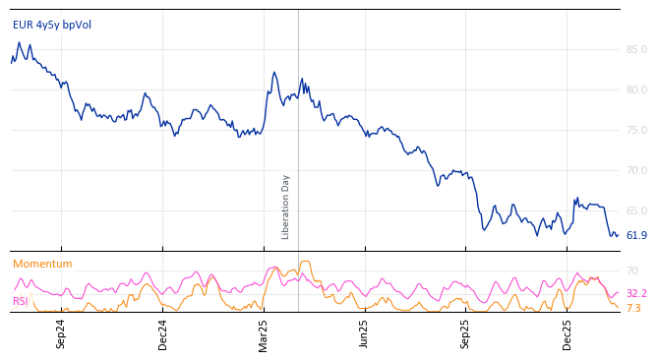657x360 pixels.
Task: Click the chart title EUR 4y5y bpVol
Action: (52, 26)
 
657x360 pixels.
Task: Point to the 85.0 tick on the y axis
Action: (636, 49)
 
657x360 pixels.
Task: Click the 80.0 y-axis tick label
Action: (636, 90)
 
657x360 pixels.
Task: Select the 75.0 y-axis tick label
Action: (636, 130)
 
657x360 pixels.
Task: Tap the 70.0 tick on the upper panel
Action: (636, 170)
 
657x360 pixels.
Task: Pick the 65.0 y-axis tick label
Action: (636, 210)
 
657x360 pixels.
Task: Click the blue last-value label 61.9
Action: (636, 236)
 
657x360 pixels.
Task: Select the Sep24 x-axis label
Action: (61, 333)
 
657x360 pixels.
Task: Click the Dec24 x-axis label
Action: (163, 333)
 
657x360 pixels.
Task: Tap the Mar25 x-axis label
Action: (264, 333)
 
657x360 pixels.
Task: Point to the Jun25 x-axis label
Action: (365, 333)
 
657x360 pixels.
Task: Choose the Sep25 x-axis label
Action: (466, 333)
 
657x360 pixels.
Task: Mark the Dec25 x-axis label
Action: (567, 333)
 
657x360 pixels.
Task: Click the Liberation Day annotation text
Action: (286, 207)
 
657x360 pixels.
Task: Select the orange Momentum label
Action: (42, 265)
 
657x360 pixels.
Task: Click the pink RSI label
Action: (21, 302)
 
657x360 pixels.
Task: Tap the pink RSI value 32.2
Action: (636, 294)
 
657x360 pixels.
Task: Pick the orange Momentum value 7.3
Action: (633, 309)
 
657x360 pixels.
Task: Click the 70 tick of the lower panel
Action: (631, 270)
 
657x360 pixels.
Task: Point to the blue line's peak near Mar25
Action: (274, 72)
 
